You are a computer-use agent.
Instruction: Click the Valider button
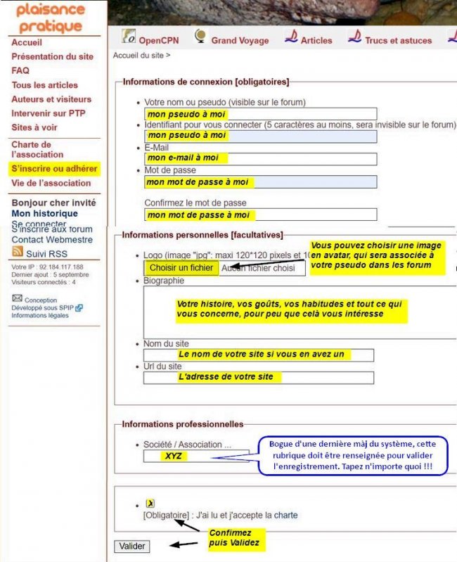(131, 546)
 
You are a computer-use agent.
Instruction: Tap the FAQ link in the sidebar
(20, 70)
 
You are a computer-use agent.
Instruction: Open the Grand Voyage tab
(231, 39)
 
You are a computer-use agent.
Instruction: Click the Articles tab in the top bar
(309, 39)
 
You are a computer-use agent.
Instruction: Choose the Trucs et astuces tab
(390, 39)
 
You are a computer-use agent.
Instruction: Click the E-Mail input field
(260, 158)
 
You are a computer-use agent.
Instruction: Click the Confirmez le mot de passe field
(260, 215)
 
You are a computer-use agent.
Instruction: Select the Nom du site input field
(259, 355)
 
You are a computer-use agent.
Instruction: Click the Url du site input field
(259, 377)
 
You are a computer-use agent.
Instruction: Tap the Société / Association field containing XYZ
(195, 456)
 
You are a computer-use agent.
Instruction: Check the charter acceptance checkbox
(150, 504)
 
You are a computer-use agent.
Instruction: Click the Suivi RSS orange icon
(18, 251)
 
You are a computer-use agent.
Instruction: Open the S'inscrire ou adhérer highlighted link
(54, 169)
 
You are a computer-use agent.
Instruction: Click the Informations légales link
(40, 315)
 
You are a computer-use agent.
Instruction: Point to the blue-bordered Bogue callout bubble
(352, 455)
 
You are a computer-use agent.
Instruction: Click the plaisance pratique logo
(51, 18)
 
